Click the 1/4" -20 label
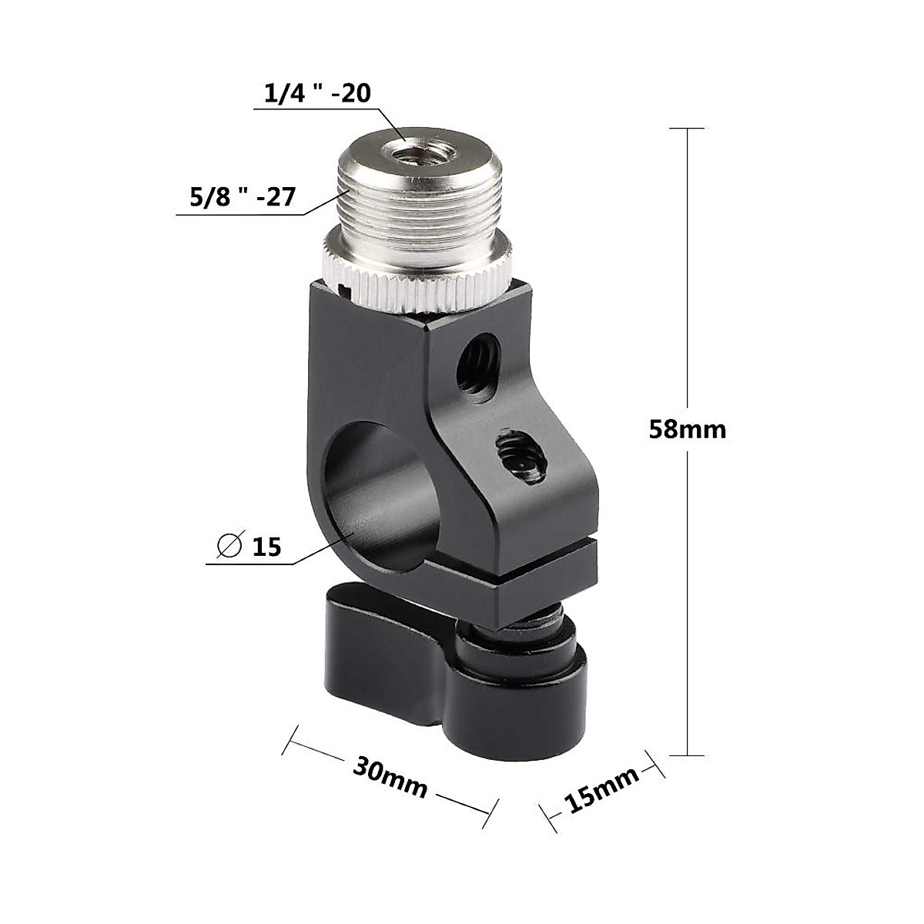[318, 94]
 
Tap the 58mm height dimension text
[687, 429]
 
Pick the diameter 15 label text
[266, 547]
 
